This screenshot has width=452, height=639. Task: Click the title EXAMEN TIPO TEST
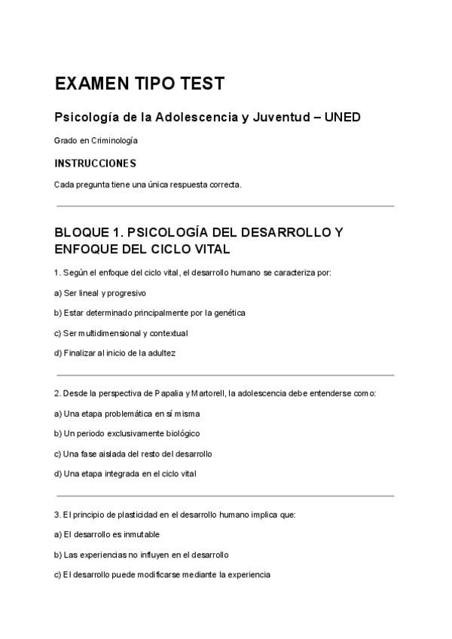click(139, 84)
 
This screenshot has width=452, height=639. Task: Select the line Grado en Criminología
click(96, 140)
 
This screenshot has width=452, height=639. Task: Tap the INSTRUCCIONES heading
click(95, 163)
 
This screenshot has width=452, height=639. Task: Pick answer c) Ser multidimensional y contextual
click(121, 332)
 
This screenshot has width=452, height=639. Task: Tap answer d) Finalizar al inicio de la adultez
click(115, 352)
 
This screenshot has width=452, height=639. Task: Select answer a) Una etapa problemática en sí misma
click(127, 414)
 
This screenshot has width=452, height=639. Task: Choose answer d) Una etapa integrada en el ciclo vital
click(125, 473)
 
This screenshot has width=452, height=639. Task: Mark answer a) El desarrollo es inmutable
click(106, 534)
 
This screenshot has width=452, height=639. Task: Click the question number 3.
click(57, 515)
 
